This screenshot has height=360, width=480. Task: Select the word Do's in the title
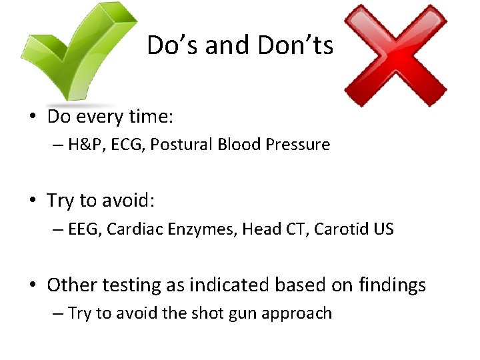tap(173, 45)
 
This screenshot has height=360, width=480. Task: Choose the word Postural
tap(175, 145)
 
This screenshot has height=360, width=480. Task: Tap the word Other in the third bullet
tap(73, 285)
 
